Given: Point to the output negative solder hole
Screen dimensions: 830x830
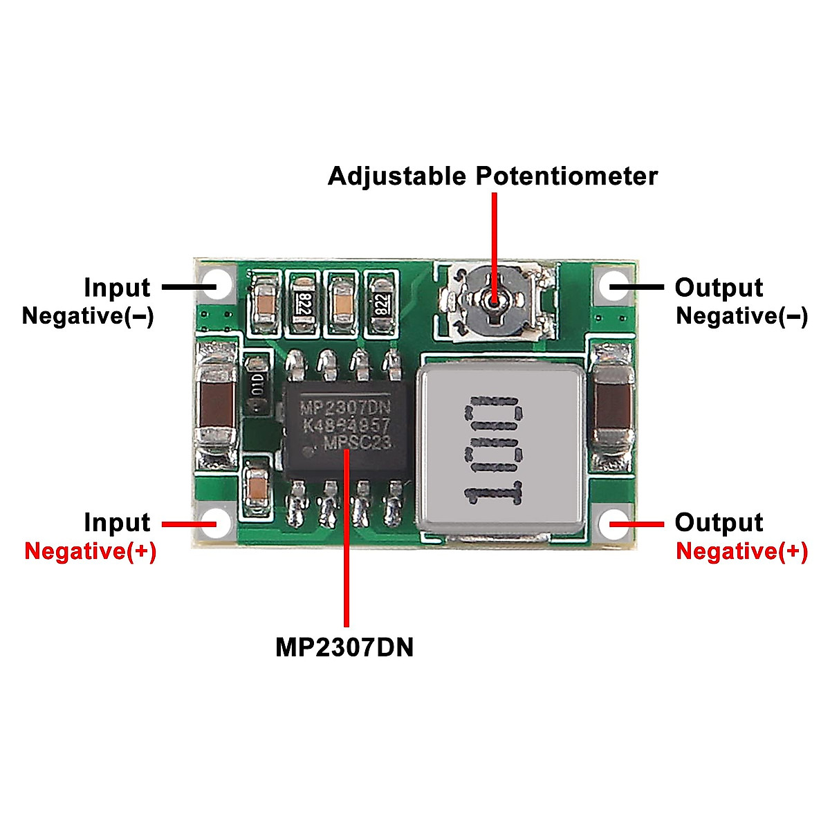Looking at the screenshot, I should point(611,285).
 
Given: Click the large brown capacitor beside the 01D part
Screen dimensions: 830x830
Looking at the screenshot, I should point(216,405).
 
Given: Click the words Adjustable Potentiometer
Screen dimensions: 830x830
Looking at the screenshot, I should point(492,176).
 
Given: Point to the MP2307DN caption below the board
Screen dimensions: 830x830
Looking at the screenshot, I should point(344,647).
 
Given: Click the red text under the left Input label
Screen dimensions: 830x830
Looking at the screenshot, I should point(90,551).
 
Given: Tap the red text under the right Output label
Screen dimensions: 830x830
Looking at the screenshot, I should point(741,551).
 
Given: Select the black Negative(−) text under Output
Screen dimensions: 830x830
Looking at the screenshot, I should point(741,316).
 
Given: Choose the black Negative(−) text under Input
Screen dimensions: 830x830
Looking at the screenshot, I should point(88,316).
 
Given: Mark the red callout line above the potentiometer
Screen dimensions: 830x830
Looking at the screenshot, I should point(494,235).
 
